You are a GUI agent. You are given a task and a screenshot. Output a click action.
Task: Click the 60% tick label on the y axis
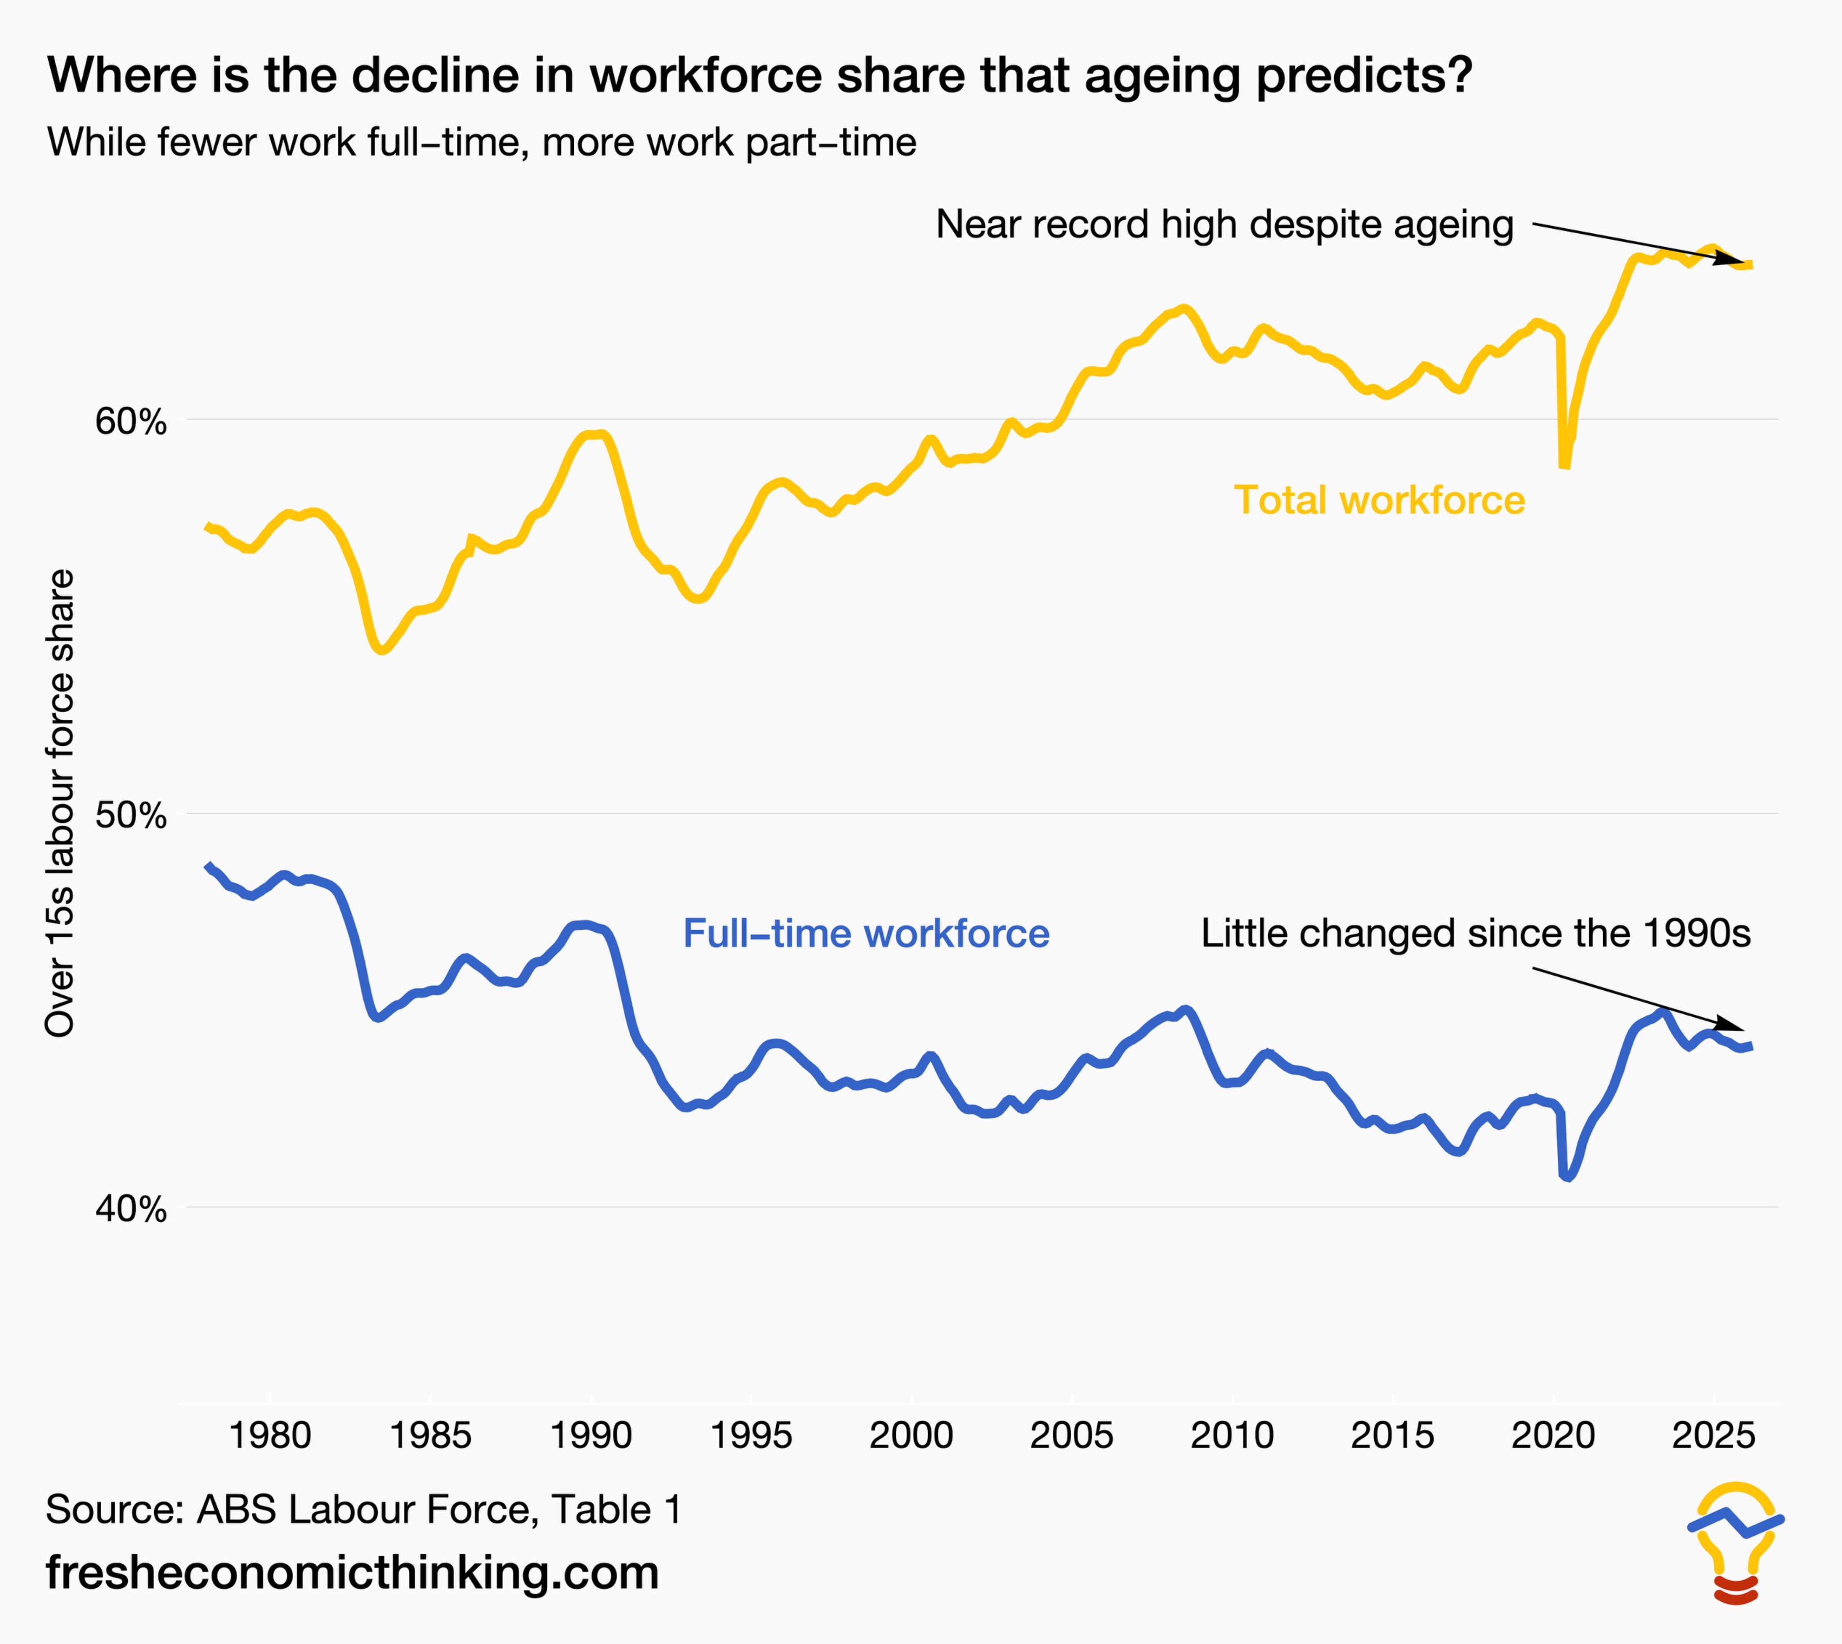(131, 422)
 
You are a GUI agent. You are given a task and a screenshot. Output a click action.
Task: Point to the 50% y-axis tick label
(131, 815)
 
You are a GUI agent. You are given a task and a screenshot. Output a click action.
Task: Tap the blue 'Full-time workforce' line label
(865, 933)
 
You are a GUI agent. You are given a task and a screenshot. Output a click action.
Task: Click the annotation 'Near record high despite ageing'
(1224, 224)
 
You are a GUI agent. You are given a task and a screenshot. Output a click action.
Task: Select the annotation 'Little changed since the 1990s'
(1475, 933)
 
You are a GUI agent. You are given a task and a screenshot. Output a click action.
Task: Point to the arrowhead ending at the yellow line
(1733, 258)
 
